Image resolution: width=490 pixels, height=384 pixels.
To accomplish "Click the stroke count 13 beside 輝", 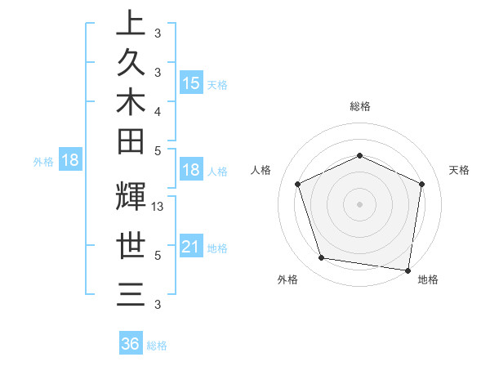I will tap(158, 208).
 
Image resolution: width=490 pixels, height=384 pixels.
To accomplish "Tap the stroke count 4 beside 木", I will tap(158, 111).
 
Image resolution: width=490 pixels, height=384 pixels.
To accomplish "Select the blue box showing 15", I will tap(190, 83).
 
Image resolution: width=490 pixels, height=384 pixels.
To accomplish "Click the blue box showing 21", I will tap(190, 248).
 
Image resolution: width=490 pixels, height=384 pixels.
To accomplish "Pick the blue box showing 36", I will tap(131, 344).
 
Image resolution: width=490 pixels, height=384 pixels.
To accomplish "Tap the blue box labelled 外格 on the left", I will tap(69, 160).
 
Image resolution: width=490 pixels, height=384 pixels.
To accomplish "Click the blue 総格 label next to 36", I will tap(157, 346).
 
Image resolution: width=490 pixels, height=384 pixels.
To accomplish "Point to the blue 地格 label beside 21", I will tap(217, 248).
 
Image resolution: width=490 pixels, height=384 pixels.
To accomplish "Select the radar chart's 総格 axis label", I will tap(360, 106).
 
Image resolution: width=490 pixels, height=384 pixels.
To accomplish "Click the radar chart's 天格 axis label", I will tap(460, 170).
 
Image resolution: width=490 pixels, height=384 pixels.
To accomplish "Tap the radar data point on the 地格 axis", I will tap(409, 269).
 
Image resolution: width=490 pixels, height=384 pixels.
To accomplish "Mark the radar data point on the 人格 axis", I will tap(298, 184).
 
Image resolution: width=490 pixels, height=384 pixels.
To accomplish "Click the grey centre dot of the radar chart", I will tap(359, 203).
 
